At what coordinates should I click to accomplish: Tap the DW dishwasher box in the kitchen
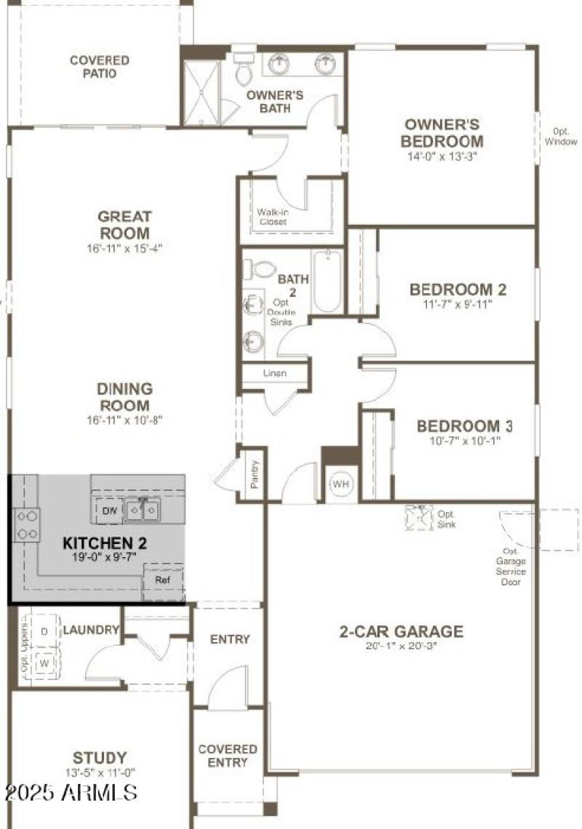[110, 511]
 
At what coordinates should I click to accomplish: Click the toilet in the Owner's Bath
[243, 69]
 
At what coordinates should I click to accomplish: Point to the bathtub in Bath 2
[327, 281]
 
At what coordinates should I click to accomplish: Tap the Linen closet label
[274, 373]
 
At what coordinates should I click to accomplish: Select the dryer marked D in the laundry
[44, 631]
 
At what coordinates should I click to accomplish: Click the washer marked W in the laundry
[44, 663]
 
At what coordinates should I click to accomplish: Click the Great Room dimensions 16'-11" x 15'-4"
[124, 248]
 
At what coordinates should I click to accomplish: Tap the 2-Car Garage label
[401, 631]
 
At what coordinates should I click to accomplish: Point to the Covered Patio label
[100, 67]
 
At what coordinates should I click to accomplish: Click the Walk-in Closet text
[271, 217]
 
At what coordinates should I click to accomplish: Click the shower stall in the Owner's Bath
[201, 92]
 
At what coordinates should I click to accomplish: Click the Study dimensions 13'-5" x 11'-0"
[100, 773]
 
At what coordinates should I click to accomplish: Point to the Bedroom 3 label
[458, 426]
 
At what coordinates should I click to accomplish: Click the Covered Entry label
[228, 756]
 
